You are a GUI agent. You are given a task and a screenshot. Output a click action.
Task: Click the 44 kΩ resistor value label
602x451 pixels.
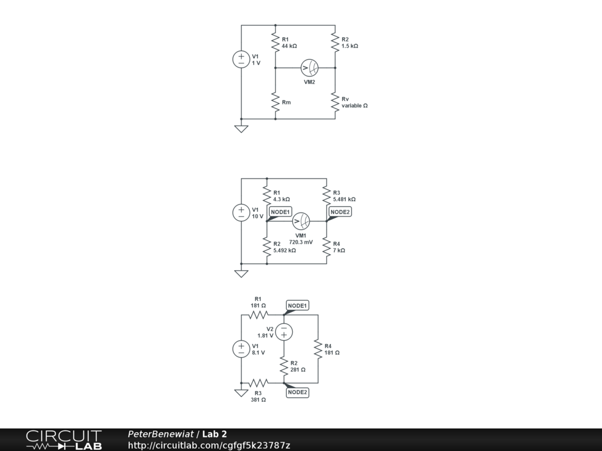(289, 46)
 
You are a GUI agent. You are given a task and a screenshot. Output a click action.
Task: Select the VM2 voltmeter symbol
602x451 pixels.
(309, 68)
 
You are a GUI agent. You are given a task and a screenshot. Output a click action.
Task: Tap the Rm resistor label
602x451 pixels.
(286, 103)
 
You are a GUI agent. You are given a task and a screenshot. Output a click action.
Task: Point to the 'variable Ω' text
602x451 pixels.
(354, 106)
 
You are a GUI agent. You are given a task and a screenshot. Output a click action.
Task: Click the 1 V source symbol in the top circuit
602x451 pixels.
(242, 59)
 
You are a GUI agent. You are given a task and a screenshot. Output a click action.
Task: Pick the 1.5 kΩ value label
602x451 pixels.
(350, 46)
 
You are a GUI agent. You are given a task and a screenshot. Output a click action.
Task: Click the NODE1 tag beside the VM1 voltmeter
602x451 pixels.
(280, 211)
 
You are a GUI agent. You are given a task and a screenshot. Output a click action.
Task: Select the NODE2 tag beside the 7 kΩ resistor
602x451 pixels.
(340, 211)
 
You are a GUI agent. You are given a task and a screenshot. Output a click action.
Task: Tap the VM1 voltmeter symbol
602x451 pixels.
(301, 221)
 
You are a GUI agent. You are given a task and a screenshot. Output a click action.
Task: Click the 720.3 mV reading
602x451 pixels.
(301, 242)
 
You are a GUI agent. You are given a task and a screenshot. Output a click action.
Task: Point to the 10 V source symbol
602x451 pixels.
(242, 213)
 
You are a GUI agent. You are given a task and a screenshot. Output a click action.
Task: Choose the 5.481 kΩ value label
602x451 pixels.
(344, 200)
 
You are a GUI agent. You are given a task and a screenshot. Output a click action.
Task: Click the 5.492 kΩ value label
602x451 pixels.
(285, 250)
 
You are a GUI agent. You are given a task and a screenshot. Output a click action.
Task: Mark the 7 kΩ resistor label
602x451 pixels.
(339, 250)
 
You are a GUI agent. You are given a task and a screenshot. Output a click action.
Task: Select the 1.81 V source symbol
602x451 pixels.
(283, 332)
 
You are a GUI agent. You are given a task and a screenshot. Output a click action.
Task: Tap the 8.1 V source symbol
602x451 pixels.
(242, 349)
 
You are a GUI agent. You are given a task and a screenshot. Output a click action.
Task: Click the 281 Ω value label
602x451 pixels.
(298, 370)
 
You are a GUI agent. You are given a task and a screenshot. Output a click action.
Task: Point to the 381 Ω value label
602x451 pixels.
(258, 399)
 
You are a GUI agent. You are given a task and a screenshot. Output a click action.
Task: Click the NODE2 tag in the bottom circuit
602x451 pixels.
(297, 392)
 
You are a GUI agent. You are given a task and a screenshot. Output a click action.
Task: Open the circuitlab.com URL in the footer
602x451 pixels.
(209, 446)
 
